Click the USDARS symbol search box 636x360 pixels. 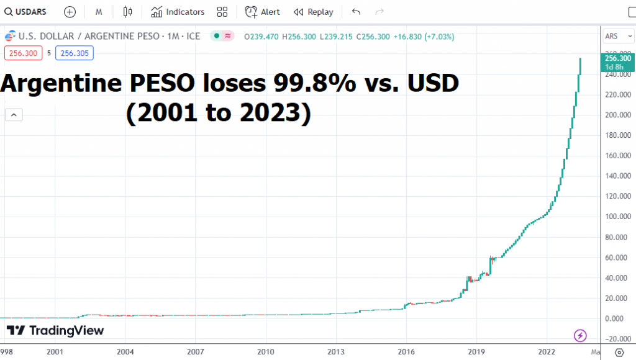click(25, 12)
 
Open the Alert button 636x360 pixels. click(262, 12)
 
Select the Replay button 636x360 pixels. click(313, 12)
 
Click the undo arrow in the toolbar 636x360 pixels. click(356, 12)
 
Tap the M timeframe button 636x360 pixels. click(99, 12)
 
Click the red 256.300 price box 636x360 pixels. click(24, 53)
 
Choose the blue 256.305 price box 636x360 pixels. click(74, 53)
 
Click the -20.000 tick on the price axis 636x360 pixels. click(616, 338)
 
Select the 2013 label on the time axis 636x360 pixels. click(336, 351)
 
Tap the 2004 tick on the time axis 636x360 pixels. click(125, 351)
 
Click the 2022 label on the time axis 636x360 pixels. click(547, 351)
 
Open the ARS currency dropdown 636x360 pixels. click(616, 35)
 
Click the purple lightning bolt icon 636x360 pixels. click(580, 336)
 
